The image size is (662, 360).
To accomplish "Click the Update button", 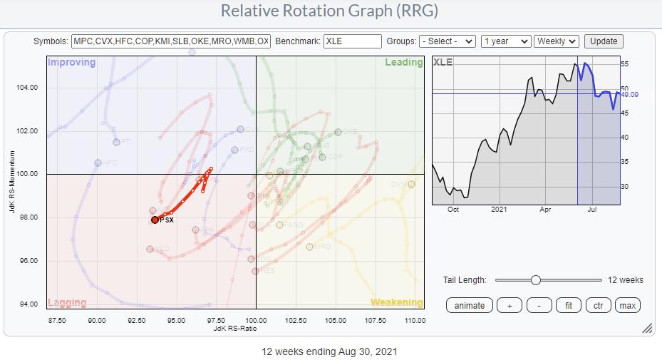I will tap(604, 41).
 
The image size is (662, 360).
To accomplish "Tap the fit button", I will tap(568, 305).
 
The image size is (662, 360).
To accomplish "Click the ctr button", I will tap(598, 305).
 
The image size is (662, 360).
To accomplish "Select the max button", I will tap(628, 305).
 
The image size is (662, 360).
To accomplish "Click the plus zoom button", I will tap(509, 305).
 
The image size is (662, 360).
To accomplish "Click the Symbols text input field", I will tap(171, 41).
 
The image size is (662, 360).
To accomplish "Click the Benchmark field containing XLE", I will tap(353, 41).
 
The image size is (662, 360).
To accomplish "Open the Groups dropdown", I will tap(447, 41).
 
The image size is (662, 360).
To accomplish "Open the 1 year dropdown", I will tap(506, 41).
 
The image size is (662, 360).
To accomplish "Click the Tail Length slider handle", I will tap(536, 280).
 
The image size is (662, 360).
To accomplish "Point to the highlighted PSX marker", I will tap(155, 220).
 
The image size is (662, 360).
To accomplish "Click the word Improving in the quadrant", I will tap(72, 63).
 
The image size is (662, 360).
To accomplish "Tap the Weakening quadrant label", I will tap(396, 302).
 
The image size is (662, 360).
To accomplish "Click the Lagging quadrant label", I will tap(67, 302).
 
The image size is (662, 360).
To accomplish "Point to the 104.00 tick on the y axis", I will tap(27, 88).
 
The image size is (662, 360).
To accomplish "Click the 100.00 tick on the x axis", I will tap(256, 320).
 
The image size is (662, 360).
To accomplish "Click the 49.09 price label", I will tap(629, 94).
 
